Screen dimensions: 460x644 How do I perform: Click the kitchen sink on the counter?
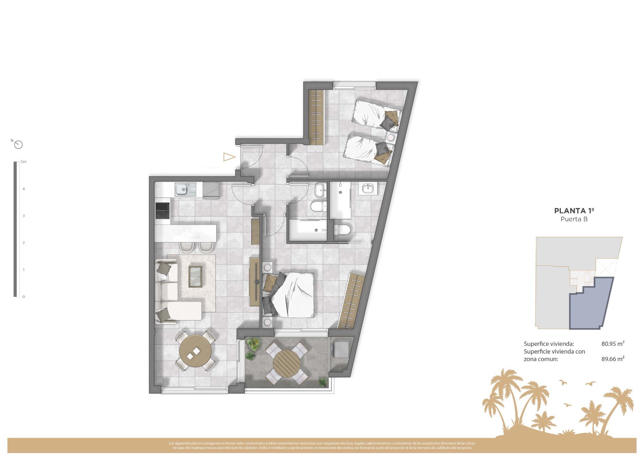[183, 189]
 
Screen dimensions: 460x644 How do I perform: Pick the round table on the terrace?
[286, 363]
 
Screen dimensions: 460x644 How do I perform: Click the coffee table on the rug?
[196, 276]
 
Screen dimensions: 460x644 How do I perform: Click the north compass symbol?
[19, 145]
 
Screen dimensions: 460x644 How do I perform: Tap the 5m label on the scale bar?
[23, 162]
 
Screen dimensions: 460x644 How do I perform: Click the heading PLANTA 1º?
[574, 211]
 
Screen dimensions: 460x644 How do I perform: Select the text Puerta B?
[574, 219]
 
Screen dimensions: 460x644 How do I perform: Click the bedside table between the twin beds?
[391, 137]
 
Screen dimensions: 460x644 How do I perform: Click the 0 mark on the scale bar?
[23, 297]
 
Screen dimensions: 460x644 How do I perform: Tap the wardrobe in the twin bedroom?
[316, 117]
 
